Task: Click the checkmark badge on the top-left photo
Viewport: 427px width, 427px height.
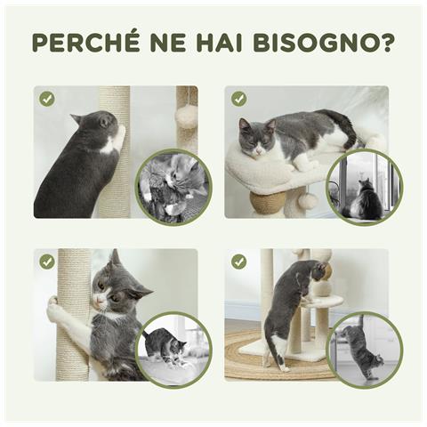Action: (47, 99)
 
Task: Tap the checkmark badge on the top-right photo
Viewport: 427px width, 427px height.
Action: (238, 99)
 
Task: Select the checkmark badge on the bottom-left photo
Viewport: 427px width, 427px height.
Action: (47, 262)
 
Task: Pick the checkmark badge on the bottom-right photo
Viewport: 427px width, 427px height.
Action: (238, 262)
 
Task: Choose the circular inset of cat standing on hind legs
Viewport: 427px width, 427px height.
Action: (364, 349)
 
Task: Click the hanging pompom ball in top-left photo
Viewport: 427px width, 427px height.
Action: (186, 117)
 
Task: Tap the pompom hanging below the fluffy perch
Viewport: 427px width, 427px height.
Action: (305, 201)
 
